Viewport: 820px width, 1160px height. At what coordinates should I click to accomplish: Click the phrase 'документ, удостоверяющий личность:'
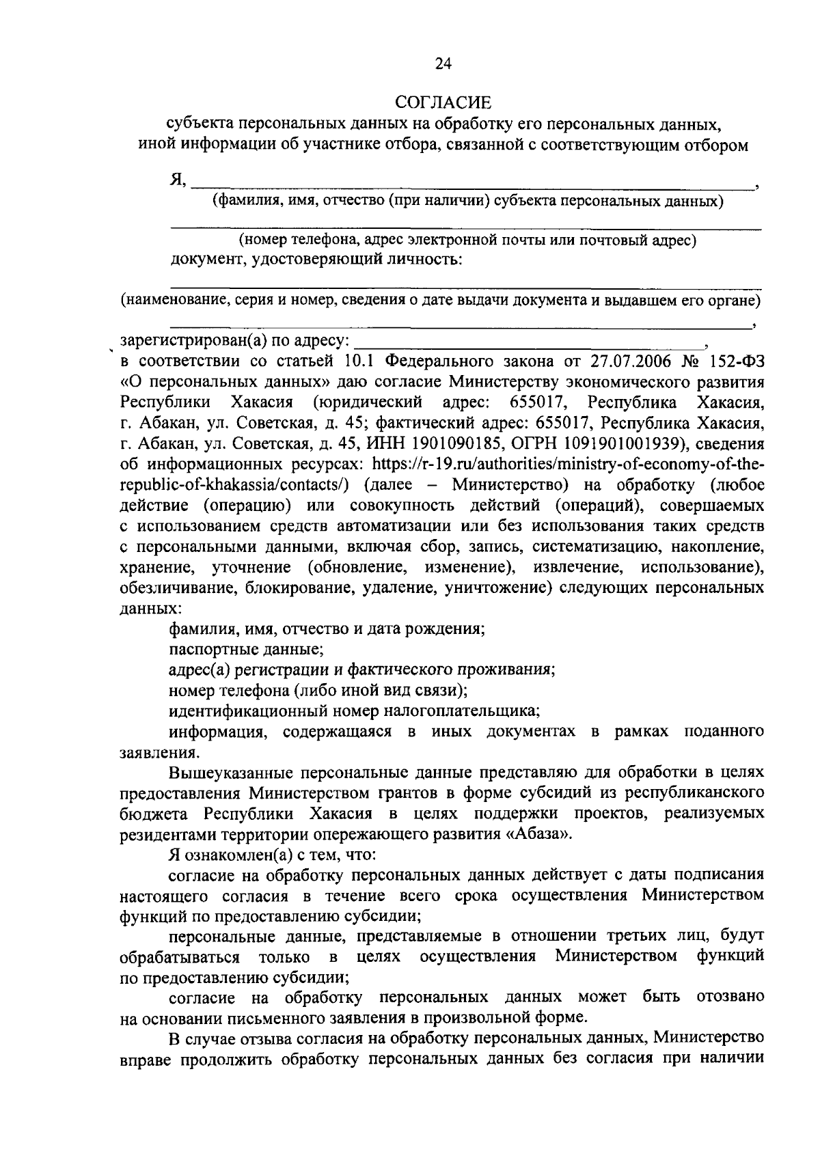point(315,260)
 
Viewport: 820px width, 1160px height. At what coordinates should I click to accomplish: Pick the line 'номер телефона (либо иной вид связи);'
point(318,689)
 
